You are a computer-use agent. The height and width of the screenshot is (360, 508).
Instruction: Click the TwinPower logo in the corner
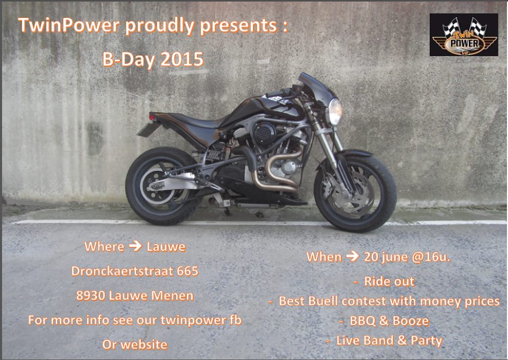pos(464,34)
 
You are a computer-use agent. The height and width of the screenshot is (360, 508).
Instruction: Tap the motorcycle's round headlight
pos(335,112)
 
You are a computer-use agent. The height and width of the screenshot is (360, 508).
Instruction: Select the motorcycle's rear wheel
pos(161,186)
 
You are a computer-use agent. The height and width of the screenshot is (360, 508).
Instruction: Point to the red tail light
pos(152,116)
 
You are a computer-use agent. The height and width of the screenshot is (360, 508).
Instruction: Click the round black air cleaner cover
pos(264,133)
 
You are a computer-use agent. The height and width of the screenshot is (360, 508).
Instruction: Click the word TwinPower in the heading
pos(69,25)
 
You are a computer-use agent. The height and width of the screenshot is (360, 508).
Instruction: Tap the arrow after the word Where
pos(135,246)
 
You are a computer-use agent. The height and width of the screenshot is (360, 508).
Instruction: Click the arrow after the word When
pos(352,256)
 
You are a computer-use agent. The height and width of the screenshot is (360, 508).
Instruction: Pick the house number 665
pos(187,271)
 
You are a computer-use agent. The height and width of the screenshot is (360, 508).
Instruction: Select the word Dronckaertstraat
pos(122,271)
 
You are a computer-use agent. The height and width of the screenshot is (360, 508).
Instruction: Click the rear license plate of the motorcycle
pos(148,129)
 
